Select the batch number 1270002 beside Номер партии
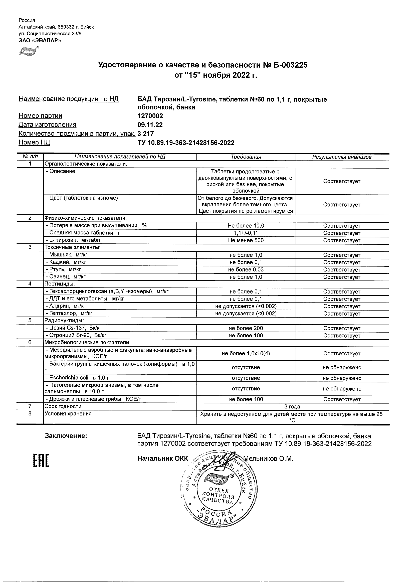pyautogui.click(x=150, y=116)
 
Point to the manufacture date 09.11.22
pyautogui.click(x=150, y=125)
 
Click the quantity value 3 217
pyautogui.click(x=146, y=134)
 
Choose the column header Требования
pyautogui.click(x=246, y=157)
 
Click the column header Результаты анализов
pyautogui.click(x=342, y=157)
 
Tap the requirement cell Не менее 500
pyautogui.click(x=246, y=240)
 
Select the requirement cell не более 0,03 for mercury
pyautogui.click(x=246, y=269)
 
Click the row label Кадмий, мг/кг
pyautogui.click(x=66, y=262)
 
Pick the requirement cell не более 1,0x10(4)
pyautogui.click(x=246, y=354)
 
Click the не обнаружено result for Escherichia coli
pyautogui.click(x=342, y=378)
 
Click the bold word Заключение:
pyautogui.click(x=66, y=436)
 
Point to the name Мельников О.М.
pyautogui.click(x=268, y=459)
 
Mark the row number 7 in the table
pyautogui.click(x=30, y=406)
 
